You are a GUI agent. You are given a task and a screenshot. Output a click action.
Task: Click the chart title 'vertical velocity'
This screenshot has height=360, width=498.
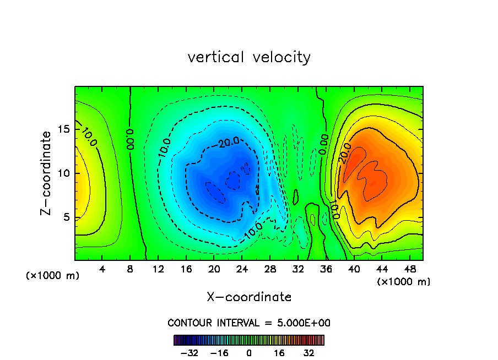tap(249, 57)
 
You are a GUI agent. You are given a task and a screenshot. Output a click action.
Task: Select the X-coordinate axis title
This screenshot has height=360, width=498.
tap(249, 297)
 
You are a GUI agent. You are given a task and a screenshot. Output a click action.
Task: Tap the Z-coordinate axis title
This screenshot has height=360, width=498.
tap(48, 173)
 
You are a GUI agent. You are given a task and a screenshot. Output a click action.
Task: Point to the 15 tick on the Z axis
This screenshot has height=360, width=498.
tap(63, 129)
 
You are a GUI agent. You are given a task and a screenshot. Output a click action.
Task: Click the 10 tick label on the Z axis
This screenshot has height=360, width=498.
tap(63, 173)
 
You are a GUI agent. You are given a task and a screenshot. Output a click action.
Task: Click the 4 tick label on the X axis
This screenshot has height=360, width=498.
tap(102, 269)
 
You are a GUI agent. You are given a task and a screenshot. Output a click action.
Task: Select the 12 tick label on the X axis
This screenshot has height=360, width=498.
tap(158, 269)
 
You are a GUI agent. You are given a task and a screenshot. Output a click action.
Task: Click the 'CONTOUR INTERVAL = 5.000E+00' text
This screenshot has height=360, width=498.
tap(249, 323)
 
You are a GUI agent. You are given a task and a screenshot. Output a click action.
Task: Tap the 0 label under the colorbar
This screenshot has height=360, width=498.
tap(249, 353)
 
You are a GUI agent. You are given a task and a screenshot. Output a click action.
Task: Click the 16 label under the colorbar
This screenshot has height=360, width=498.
tap(279, 353)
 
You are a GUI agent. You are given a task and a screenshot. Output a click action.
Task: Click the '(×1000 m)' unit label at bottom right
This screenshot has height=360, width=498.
tap(404, 282)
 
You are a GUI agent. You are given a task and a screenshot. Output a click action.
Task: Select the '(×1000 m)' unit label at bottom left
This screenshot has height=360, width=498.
tap(53, 276)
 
